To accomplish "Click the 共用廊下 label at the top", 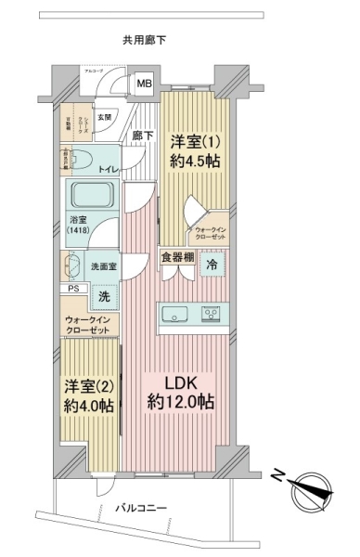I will [143, 40].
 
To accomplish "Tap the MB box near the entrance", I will [144, 84].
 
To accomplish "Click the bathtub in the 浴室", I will [90, 197].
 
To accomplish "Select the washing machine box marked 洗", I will [104, 296].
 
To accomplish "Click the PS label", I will [72, 289].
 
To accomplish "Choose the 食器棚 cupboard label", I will [176, 258].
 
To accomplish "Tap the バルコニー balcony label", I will [141, 509].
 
